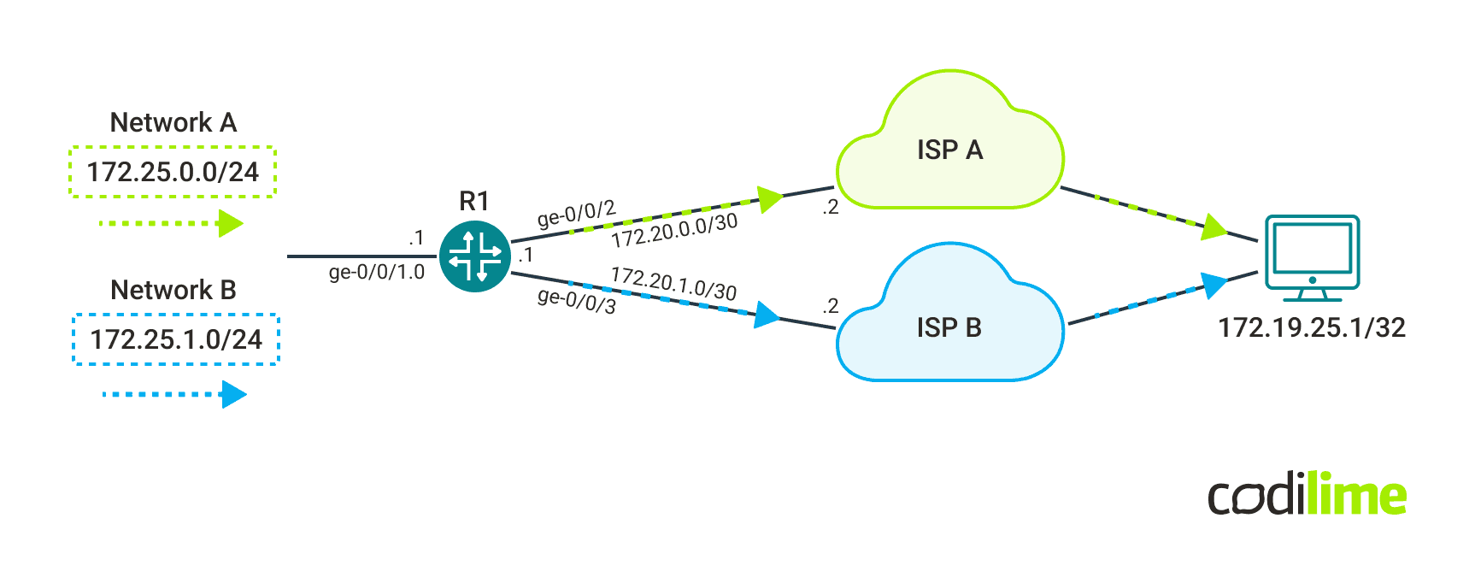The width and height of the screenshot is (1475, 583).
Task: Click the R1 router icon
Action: click(475, 256)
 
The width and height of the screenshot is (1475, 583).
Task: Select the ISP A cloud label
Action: click(949, 150)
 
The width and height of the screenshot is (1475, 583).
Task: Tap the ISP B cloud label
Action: click(949, 327)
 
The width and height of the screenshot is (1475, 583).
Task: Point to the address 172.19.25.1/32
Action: click(1311, 327)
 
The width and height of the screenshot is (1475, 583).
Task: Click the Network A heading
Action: click(173, 123)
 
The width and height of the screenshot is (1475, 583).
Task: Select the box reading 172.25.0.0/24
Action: click(173, 172)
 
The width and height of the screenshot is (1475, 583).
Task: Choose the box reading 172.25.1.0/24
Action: click(176, 339)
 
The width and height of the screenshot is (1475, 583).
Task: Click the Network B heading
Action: click(173, 291)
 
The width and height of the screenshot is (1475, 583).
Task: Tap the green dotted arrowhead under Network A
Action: click(231, 224)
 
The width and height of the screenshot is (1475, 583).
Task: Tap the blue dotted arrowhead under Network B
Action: click(233, 394)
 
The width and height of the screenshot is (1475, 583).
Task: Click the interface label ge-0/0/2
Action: click(576, 214)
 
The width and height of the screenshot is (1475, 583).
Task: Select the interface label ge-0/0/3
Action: click(576, 301)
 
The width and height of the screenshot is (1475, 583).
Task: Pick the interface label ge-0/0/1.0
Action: click(376, 273)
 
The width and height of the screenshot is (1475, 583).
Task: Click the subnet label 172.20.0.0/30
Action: click(674, 231)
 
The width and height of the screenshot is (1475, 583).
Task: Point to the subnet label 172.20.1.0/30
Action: click(673, 284)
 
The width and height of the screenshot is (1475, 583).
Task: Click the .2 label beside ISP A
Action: click(830, 208)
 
